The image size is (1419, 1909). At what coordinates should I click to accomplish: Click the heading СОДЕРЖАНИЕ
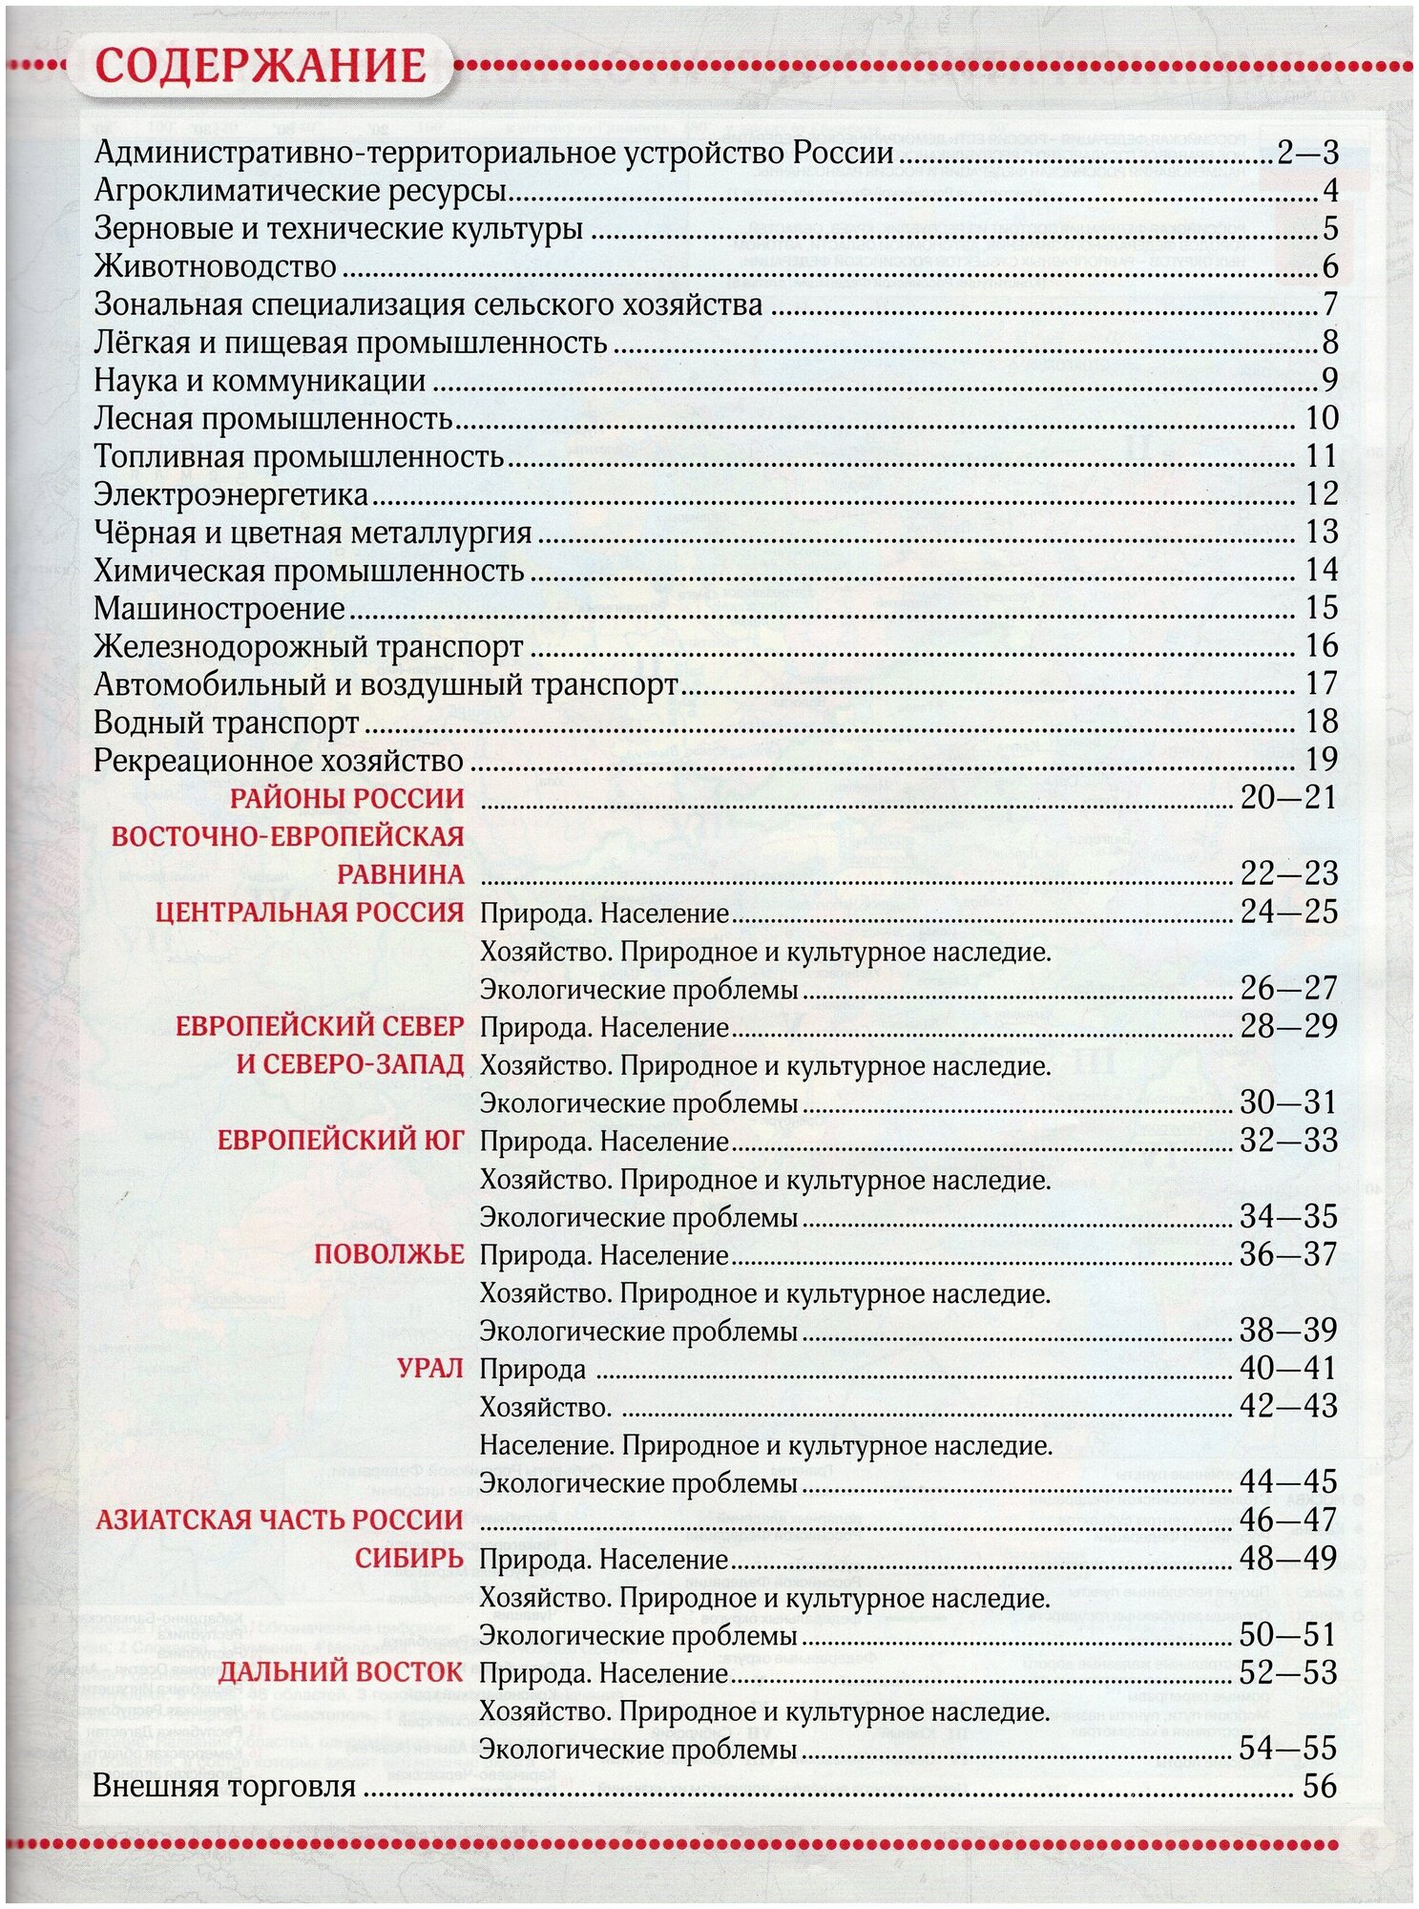tap(261, 66)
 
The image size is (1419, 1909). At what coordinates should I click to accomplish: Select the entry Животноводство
tap(215, 266)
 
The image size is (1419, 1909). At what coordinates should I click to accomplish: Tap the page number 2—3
tap(1307, 153)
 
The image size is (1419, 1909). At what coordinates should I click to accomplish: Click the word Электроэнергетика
tap(231, 494)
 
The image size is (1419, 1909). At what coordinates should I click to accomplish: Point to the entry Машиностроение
tap(219, 608)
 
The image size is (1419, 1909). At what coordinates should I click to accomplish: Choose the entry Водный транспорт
tap(226, 723)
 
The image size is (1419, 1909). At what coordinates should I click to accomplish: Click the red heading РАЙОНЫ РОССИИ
tap(347, 798)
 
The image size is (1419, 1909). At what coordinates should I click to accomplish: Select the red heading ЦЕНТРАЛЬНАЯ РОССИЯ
tap(309, 912)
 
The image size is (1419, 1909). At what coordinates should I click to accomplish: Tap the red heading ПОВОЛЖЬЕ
tap(389, 1254)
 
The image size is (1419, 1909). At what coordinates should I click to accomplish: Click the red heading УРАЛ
tap(430, 1368)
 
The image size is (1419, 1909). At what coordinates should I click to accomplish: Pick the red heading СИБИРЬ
tap(409, 1559)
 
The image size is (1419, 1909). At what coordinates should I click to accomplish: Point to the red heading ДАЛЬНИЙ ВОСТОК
tap(341, 1672)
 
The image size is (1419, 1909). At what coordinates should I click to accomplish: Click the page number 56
tap(1320, 1787)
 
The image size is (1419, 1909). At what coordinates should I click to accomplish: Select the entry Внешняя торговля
tap(224, 1787)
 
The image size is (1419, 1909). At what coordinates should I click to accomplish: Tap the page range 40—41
tap(1288, 1368)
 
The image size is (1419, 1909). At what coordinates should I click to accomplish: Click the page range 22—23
tap(1288, 873)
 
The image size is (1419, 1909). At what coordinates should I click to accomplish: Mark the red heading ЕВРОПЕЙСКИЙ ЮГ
tap(341, 1140)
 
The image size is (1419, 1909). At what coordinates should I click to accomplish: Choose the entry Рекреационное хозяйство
tap(279, 761)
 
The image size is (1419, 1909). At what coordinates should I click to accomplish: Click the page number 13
tap(1322, 532)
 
